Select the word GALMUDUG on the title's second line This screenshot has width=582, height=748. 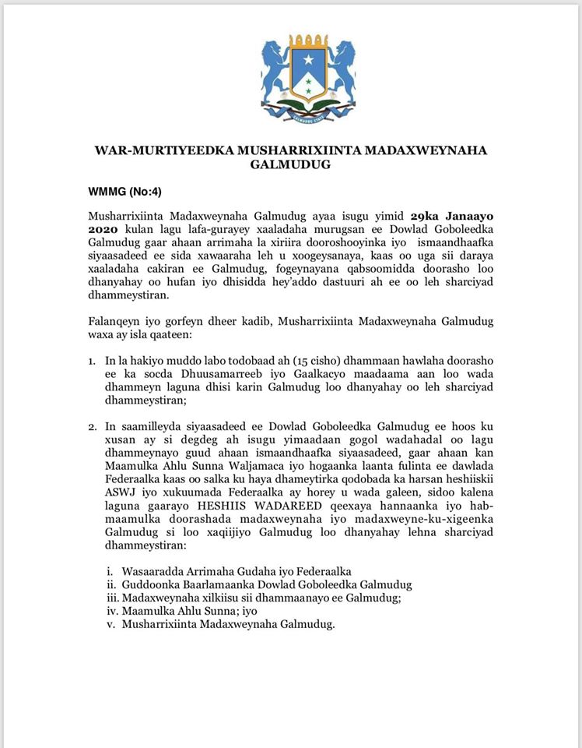pyautogui.click(x=290, y=164)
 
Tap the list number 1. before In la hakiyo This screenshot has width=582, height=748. pyautogui.click(x=92, y=362)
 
